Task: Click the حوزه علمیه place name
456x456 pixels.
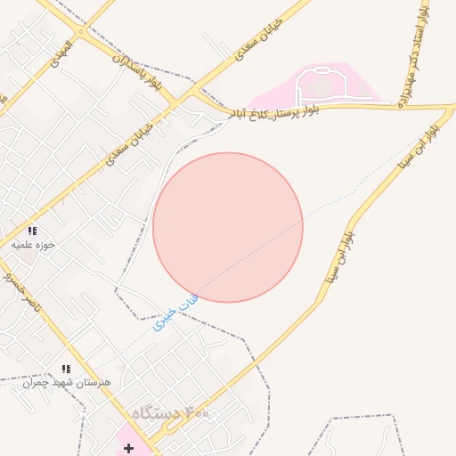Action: click(34, 243)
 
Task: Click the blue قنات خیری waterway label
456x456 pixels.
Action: click(176, 313)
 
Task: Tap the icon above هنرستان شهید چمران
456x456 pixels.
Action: click(65, 369)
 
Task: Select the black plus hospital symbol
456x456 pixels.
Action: click(128, 447)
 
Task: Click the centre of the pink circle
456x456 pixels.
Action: click(228, 227)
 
